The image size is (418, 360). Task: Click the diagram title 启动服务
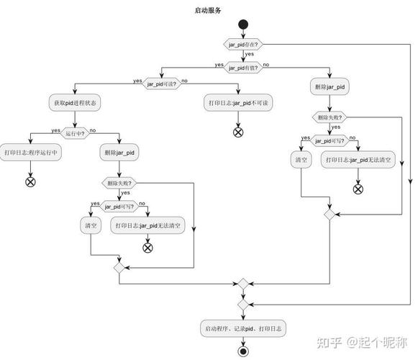(208, 10)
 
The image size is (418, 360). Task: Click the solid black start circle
(243, 25)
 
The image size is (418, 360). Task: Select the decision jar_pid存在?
(243, 45)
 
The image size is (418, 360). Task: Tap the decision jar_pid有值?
(243, 66)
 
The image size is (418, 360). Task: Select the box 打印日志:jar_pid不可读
(238, 104)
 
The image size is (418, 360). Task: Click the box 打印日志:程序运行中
(31, 153)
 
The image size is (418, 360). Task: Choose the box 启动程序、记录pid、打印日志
(243, 328)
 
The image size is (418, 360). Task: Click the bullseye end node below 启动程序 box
(243, 351)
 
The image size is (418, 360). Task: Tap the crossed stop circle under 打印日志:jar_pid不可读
(238, 132)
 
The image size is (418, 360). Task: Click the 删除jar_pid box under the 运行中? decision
(119, 153)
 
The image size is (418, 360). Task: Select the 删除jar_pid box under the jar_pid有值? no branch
(330, 87)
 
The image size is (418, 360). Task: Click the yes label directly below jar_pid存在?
(249, 55)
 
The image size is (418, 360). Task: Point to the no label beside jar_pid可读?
(185, 80)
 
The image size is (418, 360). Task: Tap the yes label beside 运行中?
(55, 130)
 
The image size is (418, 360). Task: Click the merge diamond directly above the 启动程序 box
(243, 305)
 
